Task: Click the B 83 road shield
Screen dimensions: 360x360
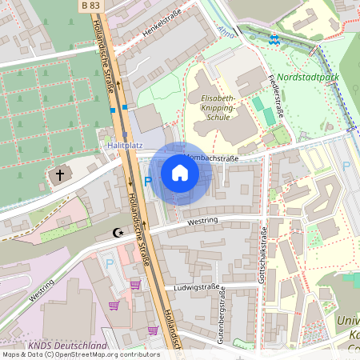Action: tap(91, 6)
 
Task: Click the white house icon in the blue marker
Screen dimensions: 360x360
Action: tap(180, 172)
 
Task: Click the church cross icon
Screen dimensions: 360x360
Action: tap(59, 174)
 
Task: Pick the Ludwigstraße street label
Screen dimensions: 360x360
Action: tap(197, 286)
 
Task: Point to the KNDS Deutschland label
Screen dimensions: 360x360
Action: tap(67, 346)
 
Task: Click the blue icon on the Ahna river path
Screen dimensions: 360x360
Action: tap(274, 38)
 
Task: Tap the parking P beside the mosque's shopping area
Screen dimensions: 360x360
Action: tap(110, 262)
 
